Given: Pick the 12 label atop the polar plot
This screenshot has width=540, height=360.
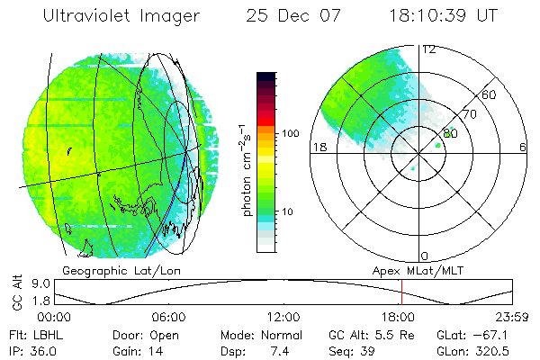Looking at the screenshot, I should [429, 49].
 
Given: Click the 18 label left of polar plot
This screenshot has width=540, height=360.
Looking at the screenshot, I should [319, 148].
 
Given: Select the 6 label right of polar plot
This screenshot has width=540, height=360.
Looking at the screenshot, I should [523, 148].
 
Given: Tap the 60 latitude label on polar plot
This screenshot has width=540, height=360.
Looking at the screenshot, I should [490, 94].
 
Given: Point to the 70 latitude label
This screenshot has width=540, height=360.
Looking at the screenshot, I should [470, 114].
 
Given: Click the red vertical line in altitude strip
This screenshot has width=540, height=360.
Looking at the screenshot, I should [401, 292].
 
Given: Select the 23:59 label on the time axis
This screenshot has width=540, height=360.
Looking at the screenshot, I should [511, 317].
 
